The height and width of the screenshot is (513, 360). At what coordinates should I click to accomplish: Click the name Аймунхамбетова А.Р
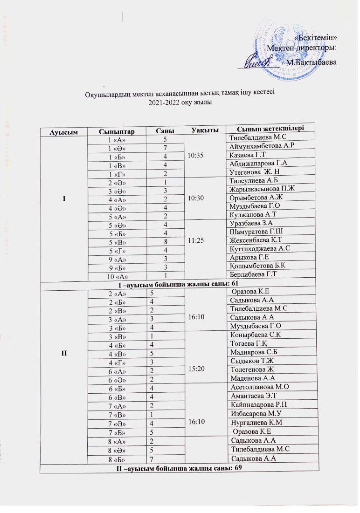[x=258, y=146]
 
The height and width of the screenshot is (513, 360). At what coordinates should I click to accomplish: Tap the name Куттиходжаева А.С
[x=258, y=248]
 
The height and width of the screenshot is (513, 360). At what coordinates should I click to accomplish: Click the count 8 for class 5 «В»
[x=152, y=240]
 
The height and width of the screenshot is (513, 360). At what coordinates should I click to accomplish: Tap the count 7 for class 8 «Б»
[x=151, y=459]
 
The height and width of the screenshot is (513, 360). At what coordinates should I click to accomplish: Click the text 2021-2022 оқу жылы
[x=180, y=103]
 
